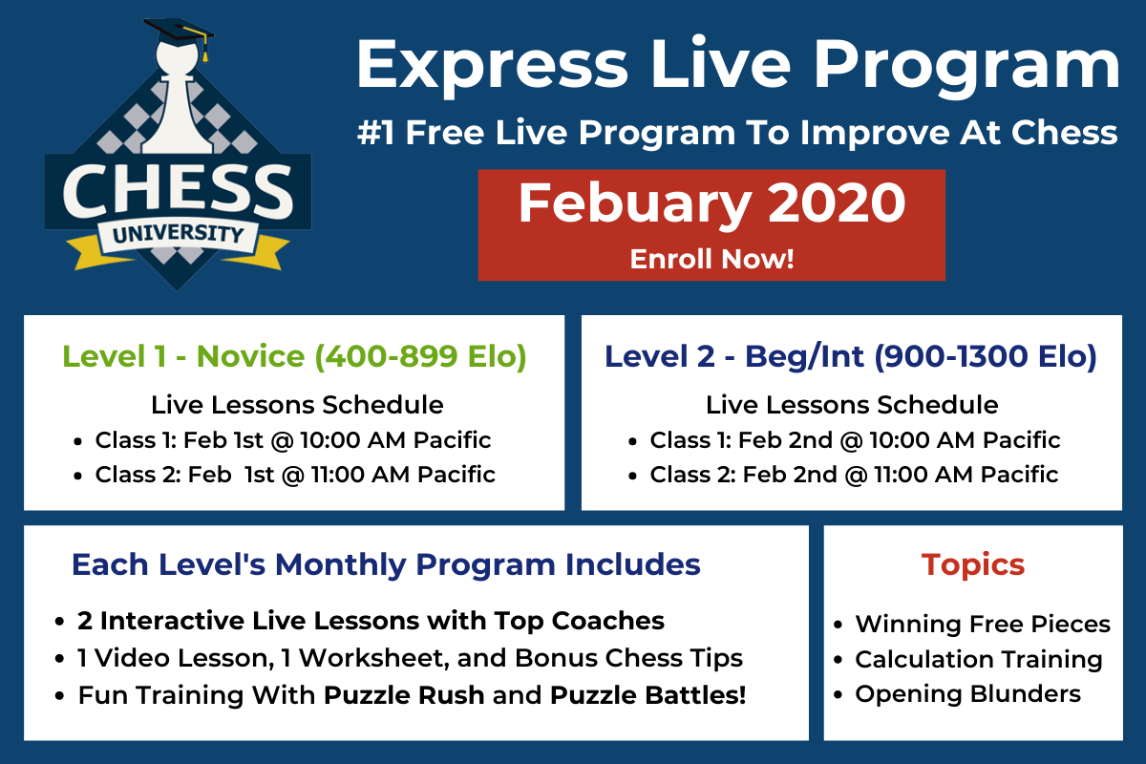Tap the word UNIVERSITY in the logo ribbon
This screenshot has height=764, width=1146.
pos(178,234)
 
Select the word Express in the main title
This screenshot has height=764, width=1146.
pos(492,67)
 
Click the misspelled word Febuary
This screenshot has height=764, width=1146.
pos(635,204)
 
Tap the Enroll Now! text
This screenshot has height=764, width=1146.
pos(711,259)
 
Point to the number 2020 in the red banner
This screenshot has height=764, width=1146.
pos(837,202)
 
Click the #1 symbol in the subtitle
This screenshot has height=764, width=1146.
pos(375,133)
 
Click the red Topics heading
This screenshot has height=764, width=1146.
pos(973,565)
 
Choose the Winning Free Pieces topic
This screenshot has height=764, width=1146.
pos(983,625)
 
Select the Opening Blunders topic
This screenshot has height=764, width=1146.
pos(968,694)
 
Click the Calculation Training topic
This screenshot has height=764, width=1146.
pos(979,659)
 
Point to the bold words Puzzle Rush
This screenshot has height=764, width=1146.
pos(404,695)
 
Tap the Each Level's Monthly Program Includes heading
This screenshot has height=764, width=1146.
pos(386,565)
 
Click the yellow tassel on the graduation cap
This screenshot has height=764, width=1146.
pos(204,49)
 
